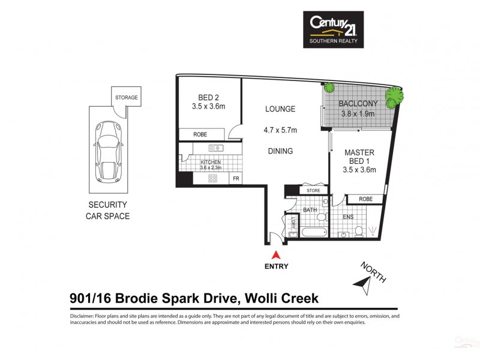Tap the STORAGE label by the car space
127,97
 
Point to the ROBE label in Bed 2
200,135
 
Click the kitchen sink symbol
215,148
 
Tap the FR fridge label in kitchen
236,179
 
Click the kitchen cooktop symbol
212,178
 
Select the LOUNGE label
280,109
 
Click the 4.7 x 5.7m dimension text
280,130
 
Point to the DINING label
280,151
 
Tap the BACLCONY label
358,103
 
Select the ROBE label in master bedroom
365,199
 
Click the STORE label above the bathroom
314,191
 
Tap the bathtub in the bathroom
313,233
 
